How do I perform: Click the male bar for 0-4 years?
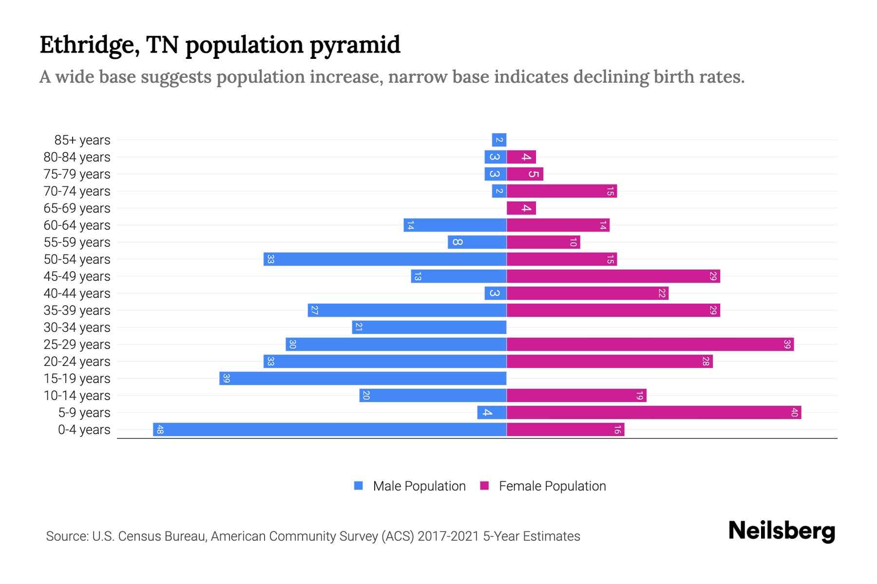tap(330, 430)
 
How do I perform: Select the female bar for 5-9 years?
tap(654, 413)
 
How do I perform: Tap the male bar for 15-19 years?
tap(363, 379)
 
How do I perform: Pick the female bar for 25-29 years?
tap(650, 345)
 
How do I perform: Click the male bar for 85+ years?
tap(499, 140)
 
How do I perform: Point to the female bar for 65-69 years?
tap(521, 208)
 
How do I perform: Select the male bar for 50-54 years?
tap(385, 259)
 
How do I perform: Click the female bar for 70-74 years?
tap(562, 191)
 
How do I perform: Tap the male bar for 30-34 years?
tap(429, 328)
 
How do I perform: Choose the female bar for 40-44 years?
tap(588, 293)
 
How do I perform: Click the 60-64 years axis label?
tap(77, 225)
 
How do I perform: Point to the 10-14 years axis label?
tap(77, 396)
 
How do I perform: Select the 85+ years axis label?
tap(82, 140)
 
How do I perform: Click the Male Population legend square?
tap(359, 486)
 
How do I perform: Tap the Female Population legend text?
tap(552, 486)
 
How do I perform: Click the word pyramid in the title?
tap(355, 45)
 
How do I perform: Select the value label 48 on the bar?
tap(160, 430)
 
